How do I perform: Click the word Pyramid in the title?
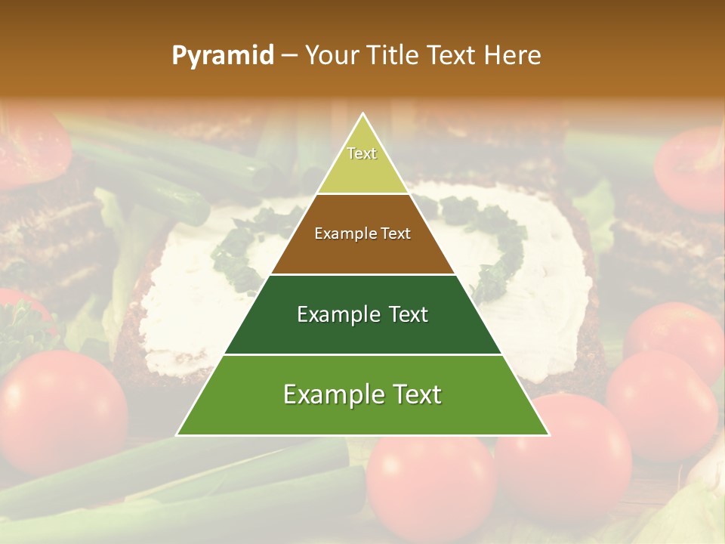[223, 56]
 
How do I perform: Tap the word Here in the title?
[514, 56]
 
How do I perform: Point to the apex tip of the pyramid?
[363, 115]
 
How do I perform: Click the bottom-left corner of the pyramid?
[178, 434]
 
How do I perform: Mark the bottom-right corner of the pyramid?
[548, 434]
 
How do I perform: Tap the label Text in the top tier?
[362, 153]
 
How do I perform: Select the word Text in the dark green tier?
[405, 314]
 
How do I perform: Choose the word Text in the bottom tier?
[415, 395]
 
